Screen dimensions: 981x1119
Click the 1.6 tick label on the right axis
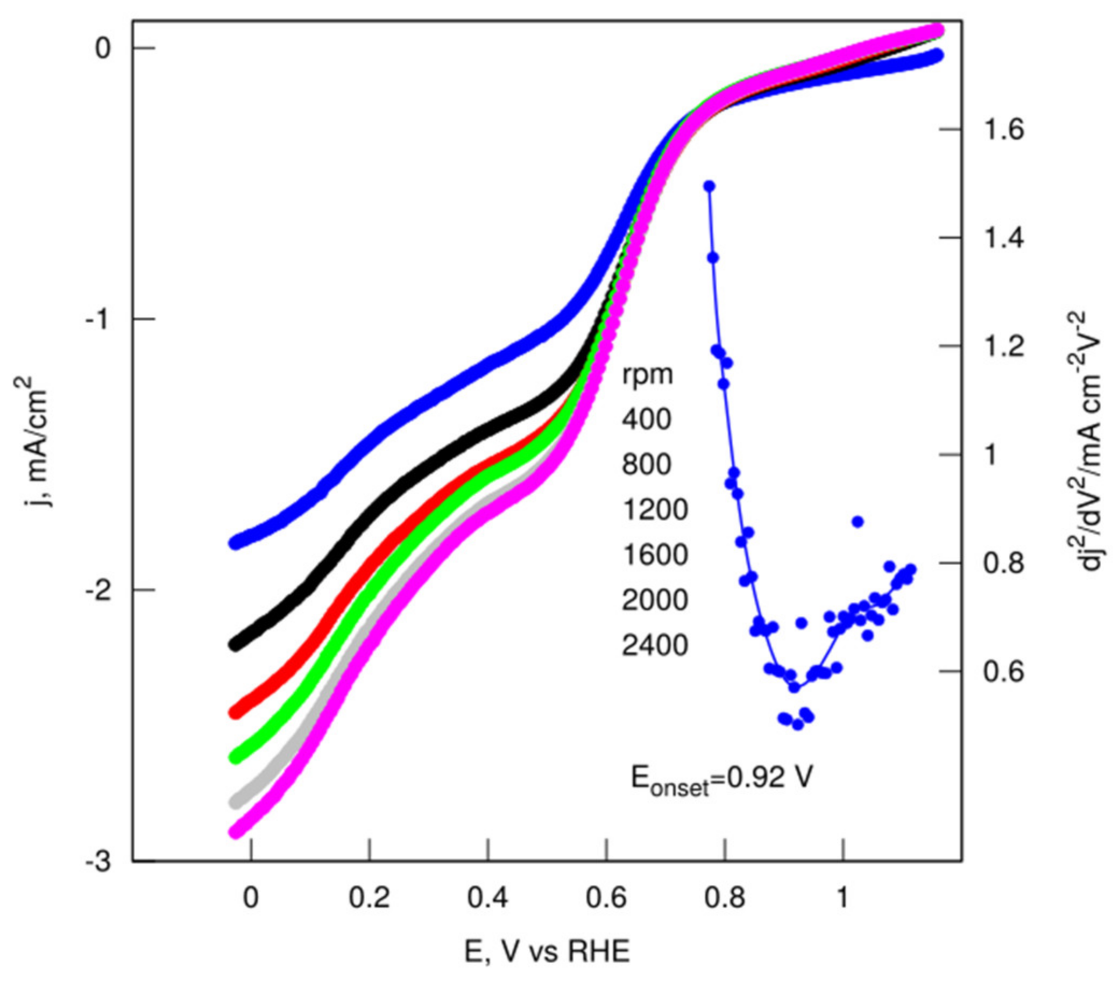[1003, 130]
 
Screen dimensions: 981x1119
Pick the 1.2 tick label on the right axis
[1003, 346]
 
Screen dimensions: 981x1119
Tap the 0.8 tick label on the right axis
[1003, 564]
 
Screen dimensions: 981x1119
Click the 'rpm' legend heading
[647, 375]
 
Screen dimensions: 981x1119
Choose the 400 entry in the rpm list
[646, 420]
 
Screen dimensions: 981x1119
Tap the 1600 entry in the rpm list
[655, 555]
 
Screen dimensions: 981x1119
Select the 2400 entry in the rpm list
[655, 646]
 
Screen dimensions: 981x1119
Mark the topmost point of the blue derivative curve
[710, 187]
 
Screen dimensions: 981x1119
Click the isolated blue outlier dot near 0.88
[858, 522]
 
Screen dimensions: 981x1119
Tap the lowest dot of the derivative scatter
[798, 725]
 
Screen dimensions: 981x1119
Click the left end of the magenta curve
[236, 832]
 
